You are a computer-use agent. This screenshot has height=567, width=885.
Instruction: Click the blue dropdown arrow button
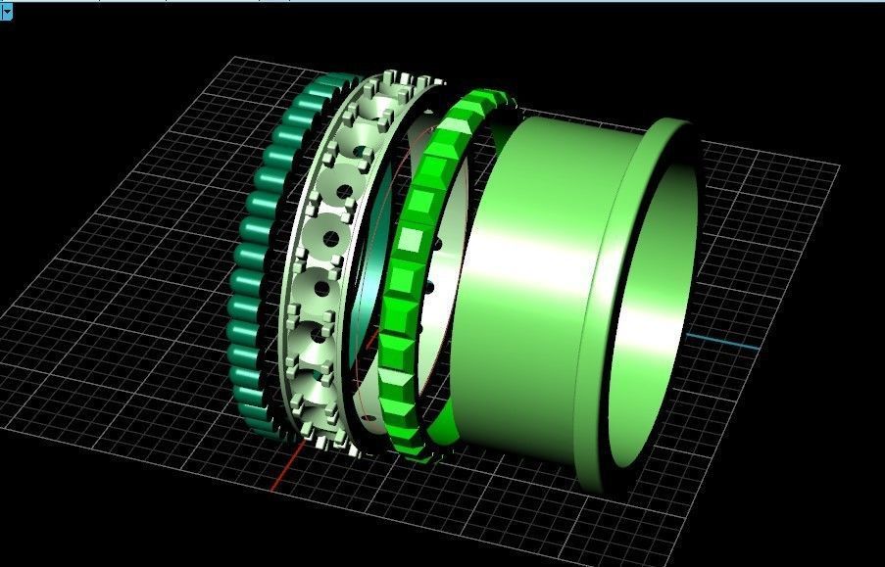[x=5, y=8]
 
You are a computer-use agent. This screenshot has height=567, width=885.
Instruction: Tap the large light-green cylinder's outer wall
[x=519, y=294]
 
